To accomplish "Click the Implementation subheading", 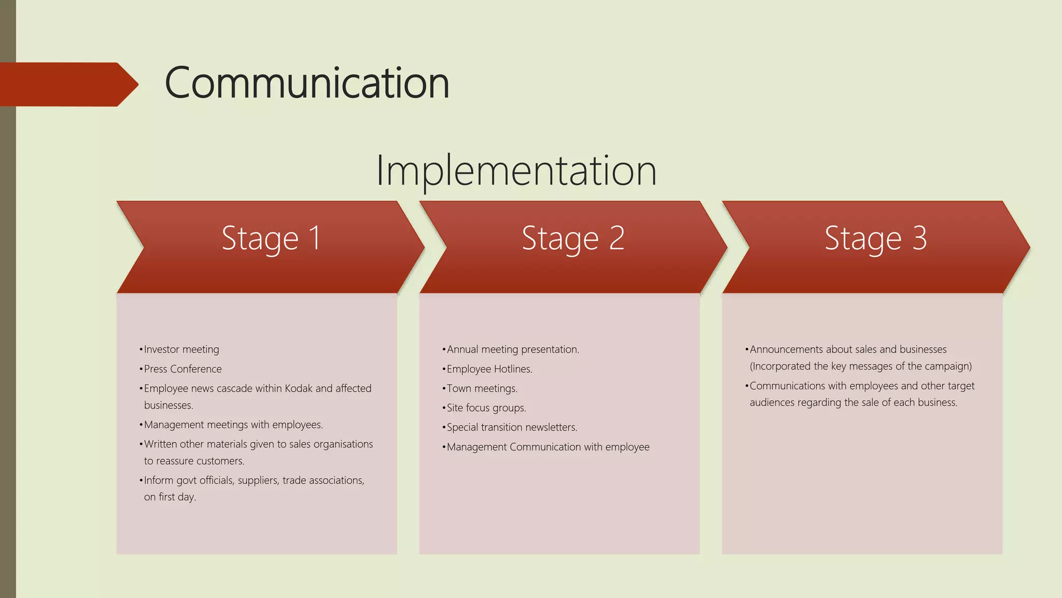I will pyautogui.click(x=516, y=170).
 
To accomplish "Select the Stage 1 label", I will pyautogui.click(x=271, y=238).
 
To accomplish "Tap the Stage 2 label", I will pyautogui.click(x=573, y=238).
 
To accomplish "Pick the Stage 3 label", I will pyautogui.click(x=875, y=238).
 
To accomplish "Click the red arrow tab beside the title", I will pyautogui.click(x=67, y=84).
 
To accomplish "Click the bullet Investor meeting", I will pyautogui.click(x=181, y=349).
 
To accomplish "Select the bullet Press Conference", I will pyautogui.click(x=183, y=369).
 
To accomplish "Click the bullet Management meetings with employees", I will pyautogui.click(x=233, y=425).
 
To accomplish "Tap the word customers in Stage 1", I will pyautogui.click(x=222, y=461).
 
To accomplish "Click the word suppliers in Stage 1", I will pyautogui.click(x=258, y=480).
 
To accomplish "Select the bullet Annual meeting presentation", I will pyautogui.click(x=512, y=349).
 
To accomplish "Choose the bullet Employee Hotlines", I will pyautogui.click(x=489, y=369).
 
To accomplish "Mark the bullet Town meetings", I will pyautogui.click(x=482, y=388).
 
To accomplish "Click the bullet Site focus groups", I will pyautogui.click(x=486, y=408).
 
